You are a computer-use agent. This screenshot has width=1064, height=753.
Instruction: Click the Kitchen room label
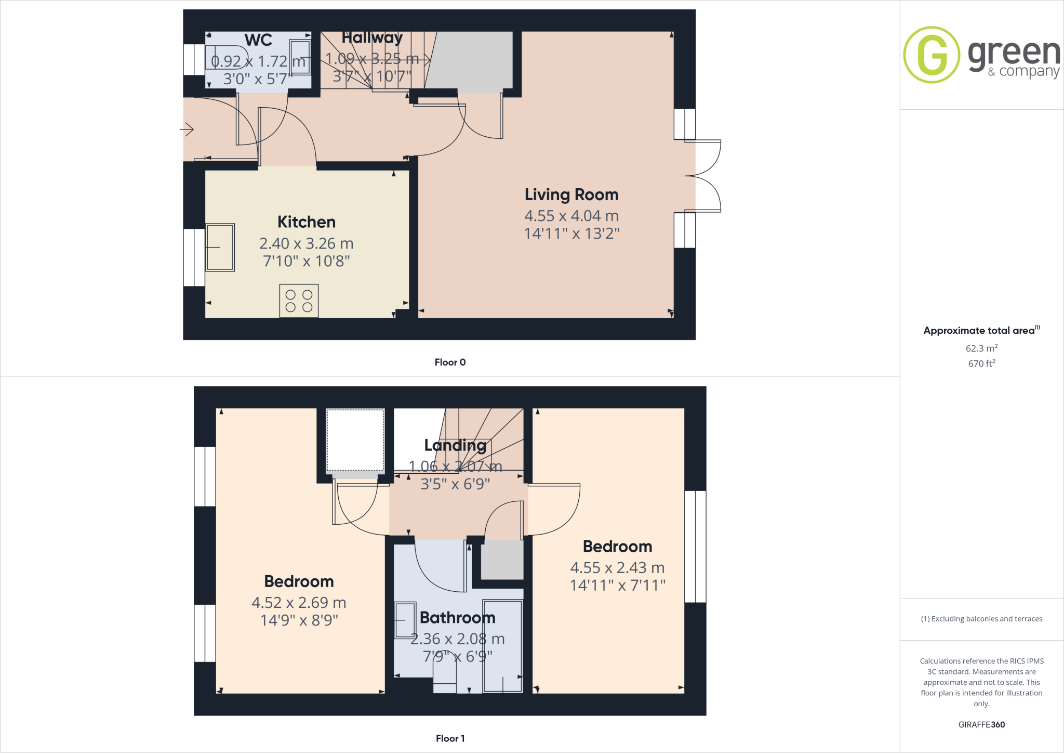[x=306, y=222]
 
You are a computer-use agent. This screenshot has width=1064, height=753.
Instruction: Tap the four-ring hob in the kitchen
[x=299, y=301]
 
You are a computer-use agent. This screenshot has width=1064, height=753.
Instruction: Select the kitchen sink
[x=220, y=248]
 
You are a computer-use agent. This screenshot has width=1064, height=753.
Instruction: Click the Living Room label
[x=571, y=194]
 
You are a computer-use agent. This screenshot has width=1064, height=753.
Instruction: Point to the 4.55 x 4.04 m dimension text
[x=571, y=216]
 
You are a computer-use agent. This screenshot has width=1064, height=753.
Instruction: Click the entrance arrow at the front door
[x=187, y=129]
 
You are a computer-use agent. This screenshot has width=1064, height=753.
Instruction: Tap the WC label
[x=258, y=40]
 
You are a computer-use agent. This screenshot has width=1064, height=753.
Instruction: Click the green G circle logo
[x=932, y=55]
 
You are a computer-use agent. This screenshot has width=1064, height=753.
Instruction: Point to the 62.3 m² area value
[x=981, y=348]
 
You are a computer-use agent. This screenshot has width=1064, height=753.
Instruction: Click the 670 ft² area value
[x=981, y=363]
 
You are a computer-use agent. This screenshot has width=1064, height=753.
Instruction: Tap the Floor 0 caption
[x=450, y=362]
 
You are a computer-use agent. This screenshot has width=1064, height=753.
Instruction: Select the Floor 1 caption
[x=450, y=738]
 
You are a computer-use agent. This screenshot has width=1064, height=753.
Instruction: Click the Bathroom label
[x=457, y=618]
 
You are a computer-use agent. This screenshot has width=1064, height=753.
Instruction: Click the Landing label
[x=455, y=445]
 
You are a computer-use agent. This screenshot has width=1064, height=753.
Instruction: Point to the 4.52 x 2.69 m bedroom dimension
[x=299, y=603]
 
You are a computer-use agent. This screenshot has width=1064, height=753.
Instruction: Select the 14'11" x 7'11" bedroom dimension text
[x=617, y=586]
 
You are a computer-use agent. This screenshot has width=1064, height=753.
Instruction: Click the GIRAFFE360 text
[x=981, y=724]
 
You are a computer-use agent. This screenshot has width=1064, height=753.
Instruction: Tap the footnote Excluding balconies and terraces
[x=981, y=619]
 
